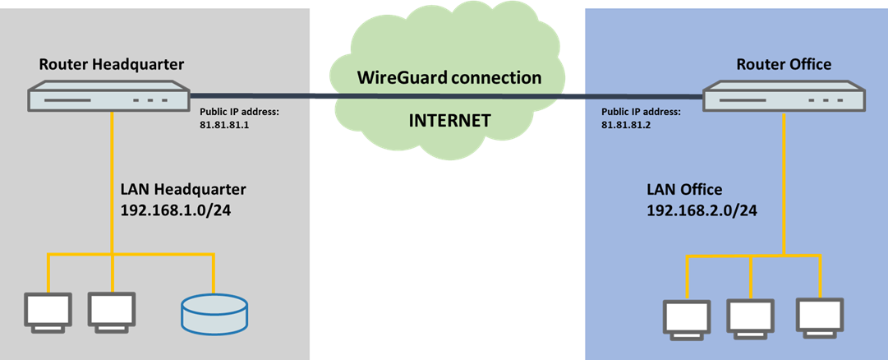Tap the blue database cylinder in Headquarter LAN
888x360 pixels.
[x=213, y=316]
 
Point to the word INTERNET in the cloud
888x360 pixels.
[x=449, y=121]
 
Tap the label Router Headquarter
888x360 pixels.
[x=111, y=64]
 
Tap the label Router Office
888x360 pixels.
[x=784, y=64]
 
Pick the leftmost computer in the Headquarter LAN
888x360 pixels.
[x=48, y=311]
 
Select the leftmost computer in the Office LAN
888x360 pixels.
[x=687, y=317]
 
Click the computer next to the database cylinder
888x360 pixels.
[x=111, y=311]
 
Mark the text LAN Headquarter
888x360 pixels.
[x=183, y=189]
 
